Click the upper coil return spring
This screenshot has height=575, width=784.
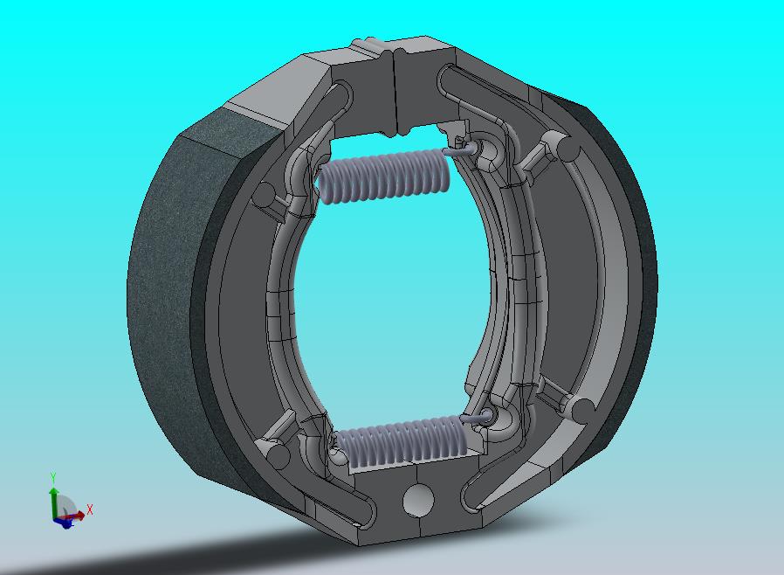point(385,177)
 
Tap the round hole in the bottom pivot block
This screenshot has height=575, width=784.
point(418,500)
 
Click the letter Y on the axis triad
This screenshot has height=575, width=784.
point(52,477)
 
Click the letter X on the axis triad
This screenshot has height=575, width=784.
point(90,510)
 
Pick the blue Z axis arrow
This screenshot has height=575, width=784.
point(65,523)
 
